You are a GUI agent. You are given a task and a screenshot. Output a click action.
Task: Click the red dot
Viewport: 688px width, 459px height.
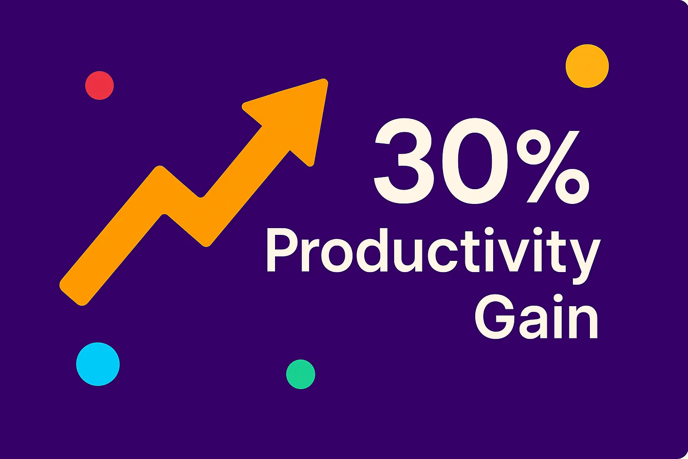coord(99,85)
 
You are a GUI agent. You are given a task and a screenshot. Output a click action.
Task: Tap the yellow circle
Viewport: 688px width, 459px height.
coord(587,66)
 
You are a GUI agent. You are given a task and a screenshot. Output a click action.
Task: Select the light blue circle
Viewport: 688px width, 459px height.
coord(98,364)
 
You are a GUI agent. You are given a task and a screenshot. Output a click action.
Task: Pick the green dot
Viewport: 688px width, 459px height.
coord(301,374)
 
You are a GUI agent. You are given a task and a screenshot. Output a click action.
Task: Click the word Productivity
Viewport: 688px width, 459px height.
coord(433,251)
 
